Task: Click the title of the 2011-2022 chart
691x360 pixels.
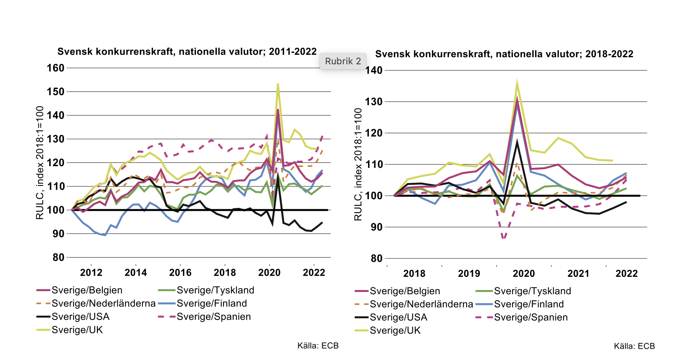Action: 187,52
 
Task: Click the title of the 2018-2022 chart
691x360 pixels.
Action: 504,54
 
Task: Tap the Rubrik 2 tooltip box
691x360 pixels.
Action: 343,61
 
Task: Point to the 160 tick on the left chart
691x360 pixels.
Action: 56,68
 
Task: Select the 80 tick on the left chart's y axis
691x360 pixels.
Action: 58,258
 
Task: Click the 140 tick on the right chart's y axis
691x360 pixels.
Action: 374,71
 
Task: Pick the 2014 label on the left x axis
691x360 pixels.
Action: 136,273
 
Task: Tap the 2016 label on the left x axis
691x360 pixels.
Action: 180,273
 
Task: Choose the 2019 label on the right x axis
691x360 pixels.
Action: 469,274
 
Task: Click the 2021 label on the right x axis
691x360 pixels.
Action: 578,274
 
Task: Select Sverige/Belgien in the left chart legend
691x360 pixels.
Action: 86,290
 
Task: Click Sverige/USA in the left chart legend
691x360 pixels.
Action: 80,317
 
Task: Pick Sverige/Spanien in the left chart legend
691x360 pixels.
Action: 213,317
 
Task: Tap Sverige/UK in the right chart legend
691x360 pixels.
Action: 395,331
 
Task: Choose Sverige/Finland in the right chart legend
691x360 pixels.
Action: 528,304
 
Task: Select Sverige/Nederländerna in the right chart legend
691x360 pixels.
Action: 421,304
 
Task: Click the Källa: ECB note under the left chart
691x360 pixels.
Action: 318,346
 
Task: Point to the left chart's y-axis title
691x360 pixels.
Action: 40,163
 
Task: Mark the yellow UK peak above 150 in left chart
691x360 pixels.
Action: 278,84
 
